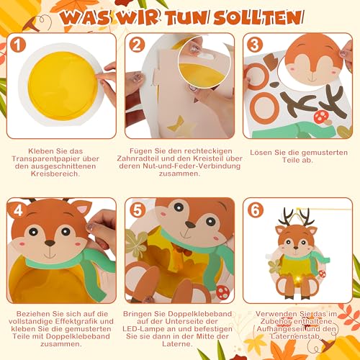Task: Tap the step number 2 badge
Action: [x=138, y=45]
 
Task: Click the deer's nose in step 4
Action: [x=48, y=243]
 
